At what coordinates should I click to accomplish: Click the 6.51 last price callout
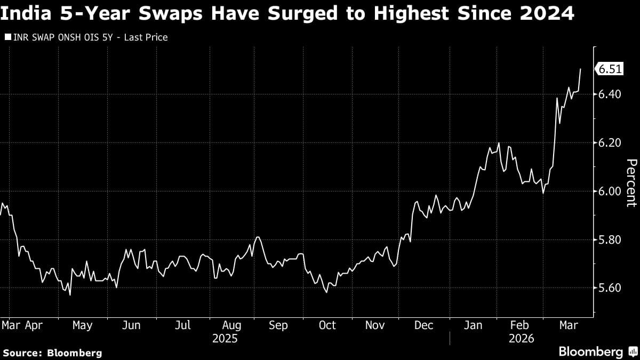610,69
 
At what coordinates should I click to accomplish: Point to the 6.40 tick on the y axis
610,94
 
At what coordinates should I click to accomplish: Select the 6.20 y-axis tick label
610,143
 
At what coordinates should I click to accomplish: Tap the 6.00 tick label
610,191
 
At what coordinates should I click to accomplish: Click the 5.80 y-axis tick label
610,240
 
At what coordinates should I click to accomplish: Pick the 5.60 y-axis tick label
610,289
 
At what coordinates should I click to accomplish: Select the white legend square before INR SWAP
7,38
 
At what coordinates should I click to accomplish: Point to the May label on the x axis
82,325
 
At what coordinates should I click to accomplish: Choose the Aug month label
231,325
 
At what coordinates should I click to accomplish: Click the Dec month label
424,325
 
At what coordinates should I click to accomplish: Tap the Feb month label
519,325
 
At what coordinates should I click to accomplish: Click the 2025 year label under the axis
225,339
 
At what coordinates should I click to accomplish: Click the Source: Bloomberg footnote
52,353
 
